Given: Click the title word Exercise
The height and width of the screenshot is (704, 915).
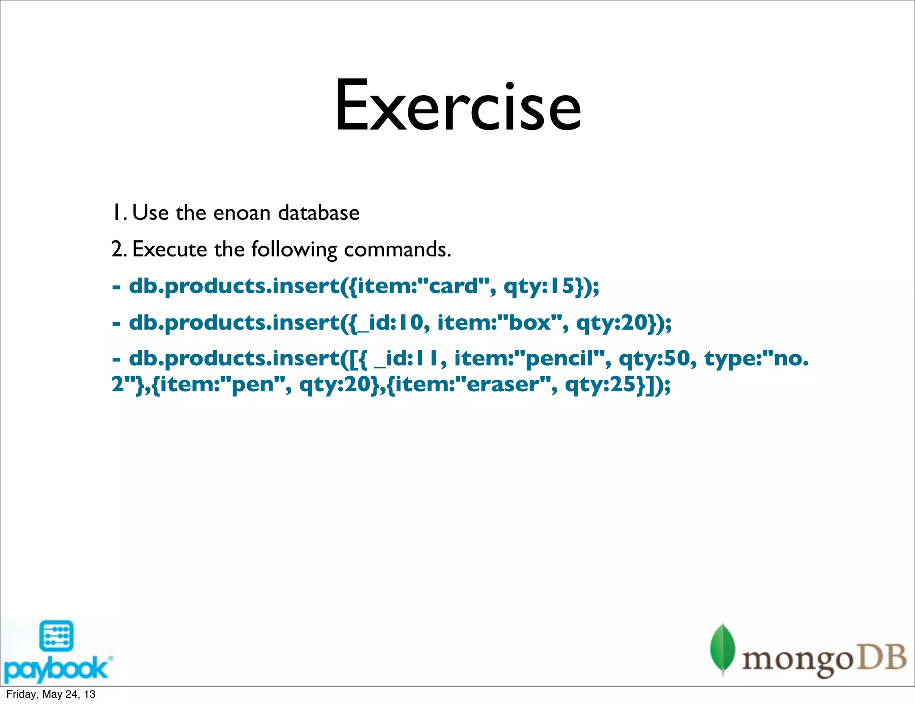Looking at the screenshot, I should [458, 106].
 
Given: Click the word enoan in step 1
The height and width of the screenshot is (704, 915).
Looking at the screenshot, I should [242, 213].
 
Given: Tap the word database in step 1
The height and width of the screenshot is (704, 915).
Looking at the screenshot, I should [319, 213].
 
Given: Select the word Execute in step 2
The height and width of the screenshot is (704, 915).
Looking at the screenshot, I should [169, 249].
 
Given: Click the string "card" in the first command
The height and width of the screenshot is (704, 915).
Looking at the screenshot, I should [453, 286].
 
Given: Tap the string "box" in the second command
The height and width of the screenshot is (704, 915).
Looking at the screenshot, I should [530, 323].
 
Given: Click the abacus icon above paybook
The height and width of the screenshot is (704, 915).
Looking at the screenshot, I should [57, 636].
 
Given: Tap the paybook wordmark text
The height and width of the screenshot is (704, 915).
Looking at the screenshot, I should [56, 669].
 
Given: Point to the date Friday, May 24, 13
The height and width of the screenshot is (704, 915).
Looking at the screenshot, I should [50, 694].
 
